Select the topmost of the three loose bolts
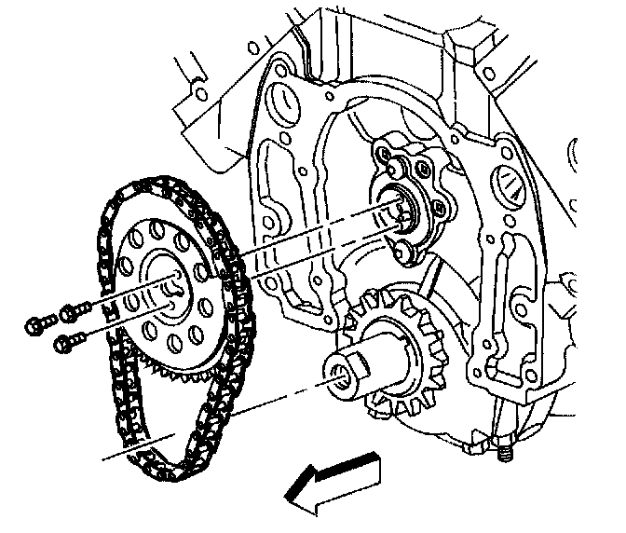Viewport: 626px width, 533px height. tap(70, 310)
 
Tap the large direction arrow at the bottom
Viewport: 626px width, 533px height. tap(332, 480)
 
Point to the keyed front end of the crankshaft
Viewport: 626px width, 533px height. tap(347, 373)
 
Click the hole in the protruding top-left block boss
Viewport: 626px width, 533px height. tap(197, 93)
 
